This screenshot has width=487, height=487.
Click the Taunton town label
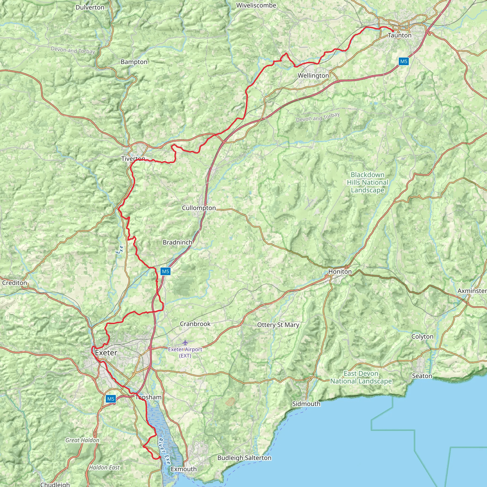(x=399, y=35)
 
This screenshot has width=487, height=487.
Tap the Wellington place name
(x=313, y=75)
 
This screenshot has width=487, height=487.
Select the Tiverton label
(x=133, y=159)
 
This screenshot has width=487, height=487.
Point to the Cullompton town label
(x=199, y=208)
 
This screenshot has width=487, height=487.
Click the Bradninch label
(x=177, y=242)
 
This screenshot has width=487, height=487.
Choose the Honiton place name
(x=340, y=272)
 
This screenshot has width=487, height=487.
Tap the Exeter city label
(x=106, y=353)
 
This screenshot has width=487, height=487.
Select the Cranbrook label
(x=195, y=324)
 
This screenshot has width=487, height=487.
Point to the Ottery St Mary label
(x=278, y=325)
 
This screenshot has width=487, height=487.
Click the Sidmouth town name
(x=306, y=404)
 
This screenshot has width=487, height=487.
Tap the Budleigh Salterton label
(x=244, y=458)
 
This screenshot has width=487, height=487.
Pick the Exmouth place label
(x=184, y=469)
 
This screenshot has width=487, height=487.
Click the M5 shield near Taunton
(x=404, y=61)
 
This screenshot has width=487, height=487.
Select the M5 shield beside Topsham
(x=111, y=399)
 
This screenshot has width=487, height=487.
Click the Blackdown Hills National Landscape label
(x=368, y=182)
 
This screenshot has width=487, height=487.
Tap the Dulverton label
(x=90, y=7)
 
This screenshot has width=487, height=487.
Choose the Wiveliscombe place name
(x=256, y=5)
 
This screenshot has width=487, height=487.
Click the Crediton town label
(x=14, y=283)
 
